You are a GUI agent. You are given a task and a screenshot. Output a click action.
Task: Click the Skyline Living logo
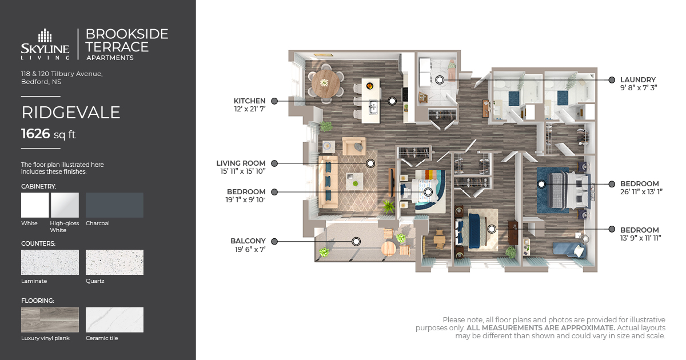[45, 44]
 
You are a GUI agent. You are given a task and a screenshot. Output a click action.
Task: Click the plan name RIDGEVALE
[71, 113]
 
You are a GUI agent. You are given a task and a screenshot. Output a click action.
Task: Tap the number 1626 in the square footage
[36, 134]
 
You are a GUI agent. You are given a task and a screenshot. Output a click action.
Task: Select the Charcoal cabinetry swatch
[114, 205]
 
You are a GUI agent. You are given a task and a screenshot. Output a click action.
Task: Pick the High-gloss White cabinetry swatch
[65, 205]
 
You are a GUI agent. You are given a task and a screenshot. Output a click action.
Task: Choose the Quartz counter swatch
[114, 262]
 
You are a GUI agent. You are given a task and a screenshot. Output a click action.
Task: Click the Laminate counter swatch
[50, 262]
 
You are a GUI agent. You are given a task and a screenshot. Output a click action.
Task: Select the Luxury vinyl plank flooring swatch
[50, 320]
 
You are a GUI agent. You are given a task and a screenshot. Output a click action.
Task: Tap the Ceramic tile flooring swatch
[114, 320]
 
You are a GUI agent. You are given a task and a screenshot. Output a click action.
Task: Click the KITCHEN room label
[249, 101]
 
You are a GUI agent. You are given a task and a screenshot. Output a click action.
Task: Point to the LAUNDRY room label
[638, 80]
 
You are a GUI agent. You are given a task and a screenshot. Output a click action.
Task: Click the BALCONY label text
[248, 241]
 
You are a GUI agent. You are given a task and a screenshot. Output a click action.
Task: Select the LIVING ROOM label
[241, 163]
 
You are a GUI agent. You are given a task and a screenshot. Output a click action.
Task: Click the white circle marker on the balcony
[356, 242]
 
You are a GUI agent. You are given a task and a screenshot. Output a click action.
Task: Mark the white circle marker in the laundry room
[440, 80]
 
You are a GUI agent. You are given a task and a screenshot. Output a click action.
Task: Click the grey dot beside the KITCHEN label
[274, 101]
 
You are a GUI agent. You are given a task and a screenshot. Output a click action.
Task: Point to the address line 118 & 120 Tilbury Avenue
[62, 74]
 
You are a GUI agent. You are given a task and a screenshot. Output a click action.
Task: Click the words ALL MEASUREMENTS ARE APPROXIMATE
[541, 328]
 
